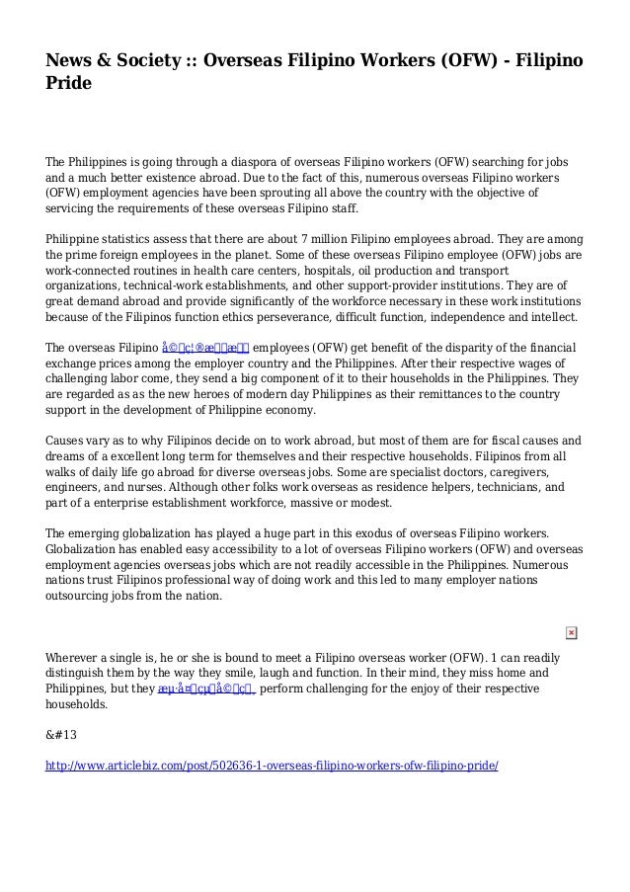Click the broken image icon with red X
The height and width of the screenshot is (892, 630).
point(572,632)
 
